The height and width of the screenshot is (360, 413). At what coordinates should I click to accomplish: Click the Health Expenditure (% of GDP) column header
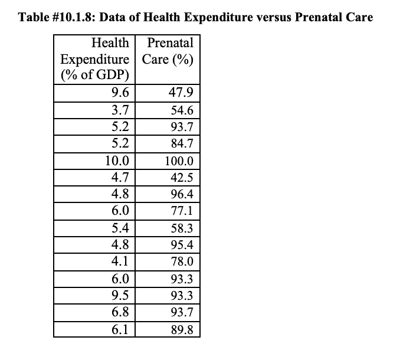click(x=95, y=59)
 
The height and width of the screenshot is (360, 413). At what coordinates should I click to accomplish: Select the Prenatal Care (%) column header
click(x=168, y=51)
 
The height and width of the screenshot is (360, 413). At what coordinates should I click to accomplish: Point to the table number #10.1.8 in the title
click(x=72, y=17)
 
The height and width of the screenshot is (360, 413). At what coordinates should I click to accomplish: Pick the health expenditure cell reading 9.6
click(x=120, y=93)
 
